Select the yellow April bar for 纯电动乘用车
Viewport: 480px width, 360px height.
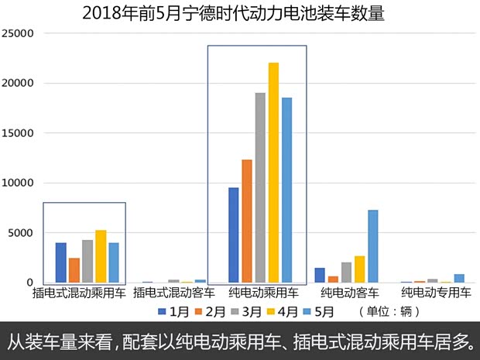(273, 172)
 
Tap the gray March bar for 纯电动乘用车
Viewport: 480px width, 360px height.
(260, 187)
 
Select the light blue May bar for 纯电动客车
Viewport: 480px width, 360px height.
(372, 246)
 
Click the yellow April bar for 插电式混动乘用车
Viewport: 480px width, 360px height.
(101, 256)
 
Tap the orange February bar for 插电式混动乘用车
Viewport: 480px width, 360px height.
(74, 270)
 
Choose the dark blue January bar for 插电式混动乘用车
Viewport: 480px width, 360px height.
(61, 262)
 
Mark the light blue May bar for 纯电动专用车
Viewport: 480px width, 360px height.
(459, 278)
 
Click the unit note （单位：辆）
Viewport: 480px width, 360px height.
(392, 312)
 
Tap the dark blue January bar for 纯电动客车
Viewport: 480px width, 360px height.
(320, 275)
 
